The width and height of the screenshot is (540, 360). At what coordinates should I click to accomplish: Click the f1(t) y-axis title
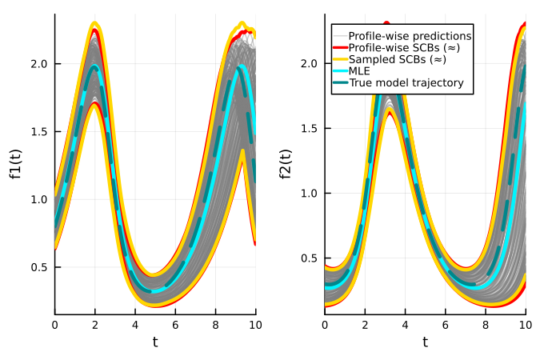[16, 163]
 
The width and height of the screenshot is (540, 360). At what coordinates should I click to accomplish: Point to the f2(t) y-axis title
[286, 163]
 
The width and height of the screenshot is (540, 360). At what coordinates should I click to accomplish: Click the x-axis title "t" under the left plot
[155, 342]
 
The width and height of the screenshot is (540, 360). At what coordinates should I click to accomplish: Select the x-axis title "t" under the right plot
[425, 342]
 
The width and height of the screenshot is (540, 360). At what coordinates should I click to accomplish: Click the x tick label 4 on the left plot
[135, 323]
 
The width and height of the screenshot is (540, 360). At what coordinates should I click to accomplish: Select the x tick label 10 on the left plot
[255, 323]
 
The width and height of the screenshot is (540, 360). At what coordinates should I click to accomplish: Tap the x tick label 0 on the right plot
[325, 323]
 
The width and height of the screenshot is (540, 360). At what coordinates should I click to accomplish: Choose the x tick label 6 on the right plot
[445, 323]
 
